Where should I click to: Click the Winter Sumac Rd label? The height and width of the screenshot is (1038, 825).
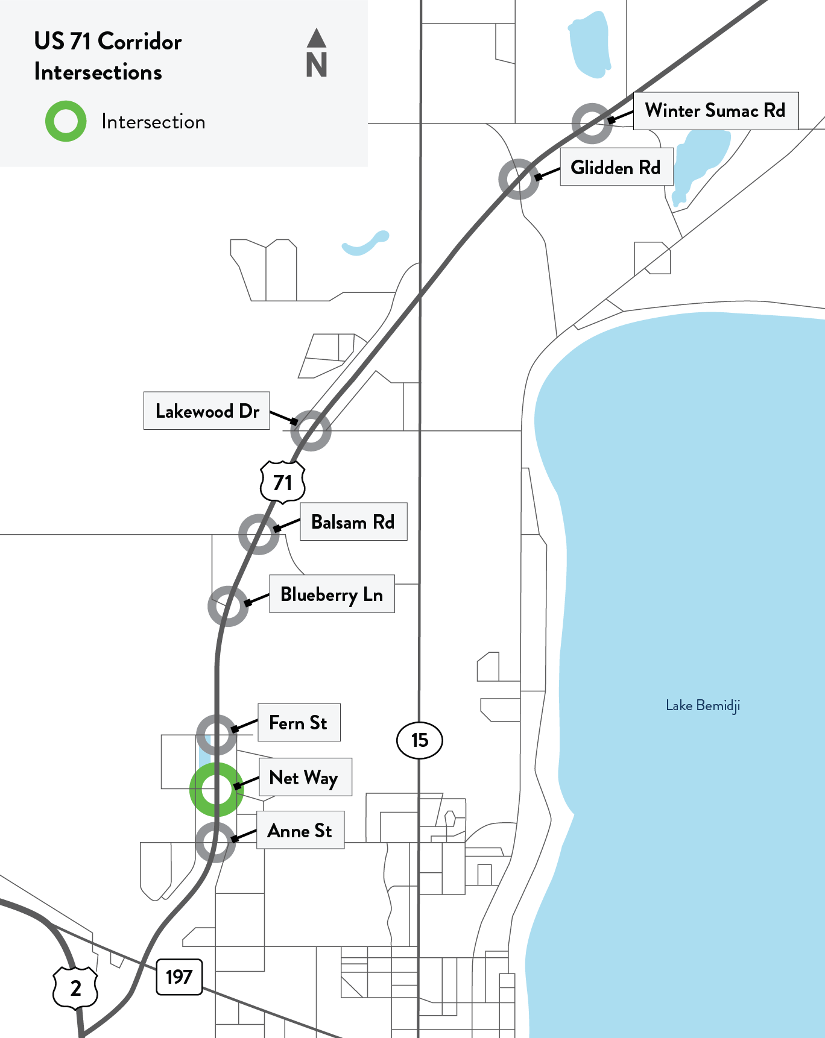pyautogui.click(x=715, y=111)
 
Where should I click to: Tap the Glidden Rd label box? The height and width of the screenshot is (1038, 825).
pyautogui.click(x=616, y=167)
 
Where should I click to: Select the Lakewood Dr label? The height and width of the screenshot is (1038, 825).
pyautogui.click(x=207, y=411)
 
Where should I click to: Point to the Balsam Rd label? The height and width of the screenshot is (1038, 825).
pyautogui.click(x=353, y=522)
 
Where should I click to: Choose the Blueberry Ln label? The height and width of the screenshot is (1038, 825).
pyautogui.click(x=332, y=594)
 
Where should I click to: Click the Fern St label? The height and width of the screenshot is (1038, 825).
pyautogui.click(x=299, y=723)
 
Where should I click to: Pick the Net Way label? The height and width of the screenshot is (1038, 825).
pyautogui.click(x=305, y=778)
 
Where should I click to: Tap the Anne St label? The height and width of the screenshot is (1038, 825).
pyautogui.click(x=300, y=831)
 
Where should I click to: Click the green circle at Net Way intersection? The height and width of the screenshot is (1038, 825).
pyautogui.click(x=217, y=789)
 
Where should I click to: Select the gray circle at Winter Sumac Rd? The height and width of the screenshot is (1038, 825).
pyautogui.click(x=592, y=124)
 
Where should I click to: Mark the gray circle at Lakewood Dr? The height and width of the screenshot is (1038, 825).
pyautogui.click(x=311, y=430)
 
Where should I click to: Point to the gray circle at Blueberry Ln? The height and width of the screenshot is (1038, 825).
pyautogui.click(x=228, y=606)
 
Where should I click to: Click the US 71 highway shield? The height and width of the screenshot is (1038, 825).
pyautogui.click(x=282, y=482)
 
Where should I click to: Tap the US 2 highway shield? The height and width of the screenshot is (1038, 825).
pyautogui.click(x=75, y=988)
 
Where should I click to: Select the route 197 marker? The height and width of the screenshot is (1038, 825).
pyautogui.click(x=179, y=977)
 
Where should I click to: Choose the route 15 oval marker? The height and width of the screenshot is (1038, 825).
pyautogui.click(x=420, y=740)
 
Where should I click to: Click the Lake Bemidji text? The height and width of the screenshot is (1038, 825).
pyautogui.click(x=703, y=705)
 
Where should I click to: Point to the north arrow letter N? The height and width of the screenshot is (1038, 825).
pyautogui.click(x=317, y=64)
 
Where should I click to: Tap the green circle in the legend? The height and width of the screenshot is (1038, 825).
pyautogui.click(x=66, y=121)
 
